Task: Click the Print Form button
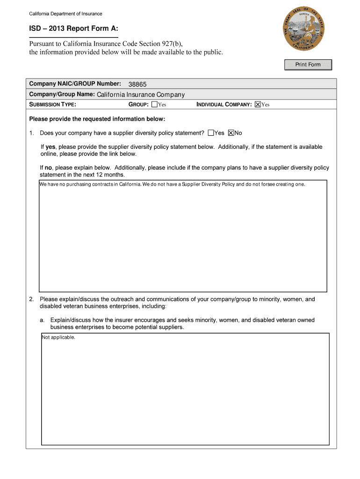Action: point(308,65)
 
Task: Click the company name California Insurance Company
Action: point(141,94)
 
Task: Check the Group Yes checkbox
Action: point(155,105)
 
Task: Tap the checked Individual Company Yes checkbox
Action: point(258,105)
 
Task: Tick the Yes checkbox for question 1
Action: point(211,133)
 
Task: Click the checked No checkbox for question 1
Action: point(231,133)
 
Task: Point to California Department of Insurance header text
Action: point(65,14)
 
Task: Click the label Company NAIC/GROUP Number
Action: point(75,84)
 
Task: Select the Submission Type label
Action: point(52,105)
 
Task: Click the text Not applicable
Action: point(58,337)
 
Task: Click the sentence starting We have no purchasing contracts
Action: point(172,184)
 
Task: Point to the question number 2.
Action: point(31,299)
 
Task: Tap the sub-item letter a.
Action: point(42,320)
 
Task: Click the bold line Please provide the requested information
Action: point(97,119)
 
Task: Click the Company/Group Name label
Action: point(62,94)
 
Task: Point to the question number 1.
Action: point(31,133)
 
